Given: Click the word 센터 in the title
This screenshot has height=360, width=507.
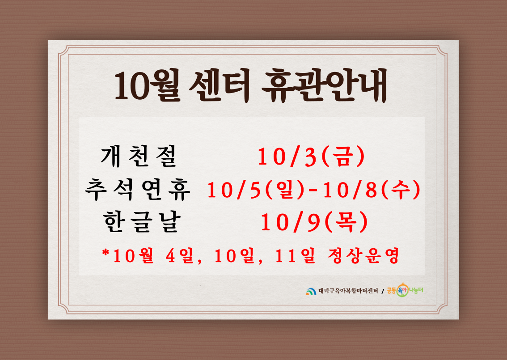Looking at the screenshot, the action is pos(220,86).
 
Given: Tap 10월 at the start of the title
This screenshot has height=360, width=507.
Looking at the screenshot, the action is pos(148,86).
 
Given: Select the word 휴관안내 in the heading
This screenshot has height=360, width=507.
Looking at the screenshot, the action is pos(325,86).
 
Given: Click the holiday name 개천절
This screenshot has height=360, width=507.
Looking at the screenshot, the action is pos(139,156).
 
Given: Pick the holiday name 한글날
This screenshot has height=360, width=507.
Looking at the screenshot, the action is pos(142,222).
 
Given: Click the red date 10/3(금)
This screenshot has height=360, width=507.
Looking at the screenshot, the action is pos(311,157).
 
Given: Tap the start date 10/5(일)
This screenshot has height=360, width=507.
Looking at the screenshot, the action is pos(255,190).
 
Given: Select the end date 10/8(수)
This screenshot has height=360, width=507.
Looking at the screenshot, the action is pos(372,190).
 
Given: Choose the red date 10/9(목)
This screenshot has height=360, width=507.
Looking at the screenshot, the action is pos(314,222).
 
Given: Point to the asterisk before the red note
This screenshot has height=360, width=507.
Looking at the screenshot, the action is pos(106,252).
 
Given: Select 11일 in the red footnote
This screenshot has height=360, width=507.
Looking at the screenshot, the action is pos(295,256).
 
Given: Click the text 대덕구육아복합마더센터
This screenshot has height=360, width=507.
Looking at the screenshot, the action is pos(348,291).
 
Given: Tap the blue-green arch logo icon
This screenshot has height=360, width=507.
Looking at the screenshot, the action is pos(311,292).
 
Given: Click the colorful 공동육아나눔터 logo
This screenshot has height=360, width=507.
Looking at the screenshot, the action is pos(405,290).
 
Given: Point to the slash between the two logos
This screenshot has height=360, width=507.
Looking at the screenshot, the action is pos(383,292).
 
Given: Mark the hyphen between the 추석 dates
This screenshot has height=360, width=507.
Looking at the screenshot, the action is pos(313,190).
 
